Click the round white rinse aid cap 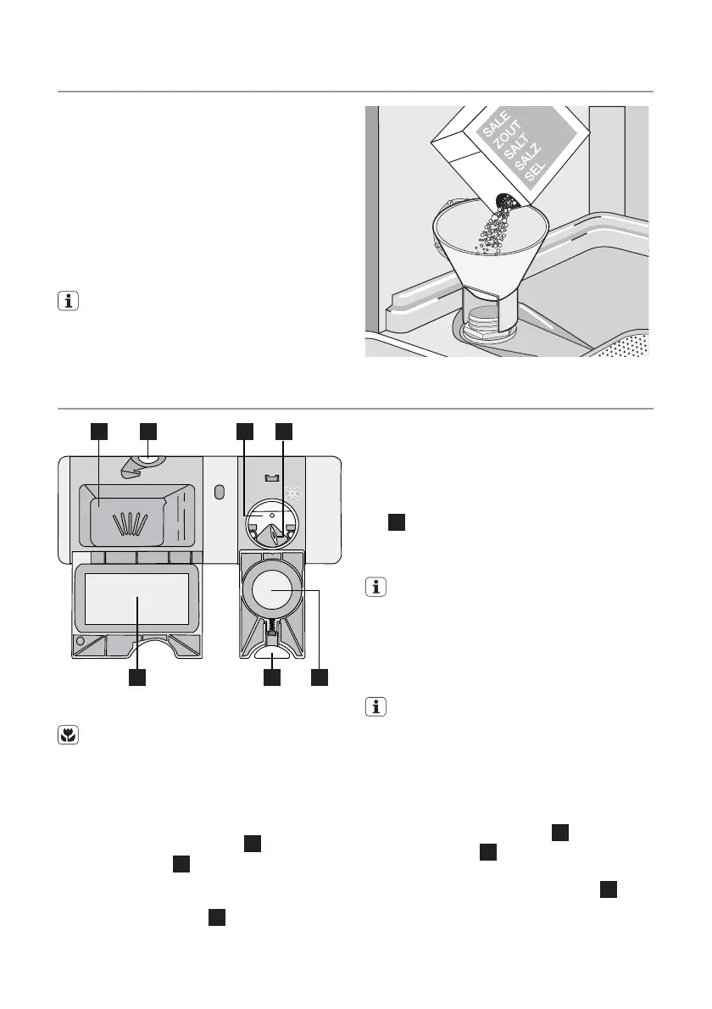271,591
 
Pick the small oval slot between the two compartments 220,492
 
